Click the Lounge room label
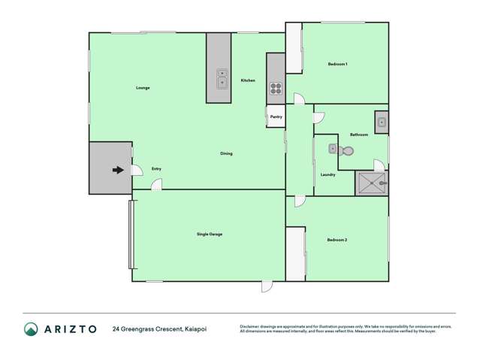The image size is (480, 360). pos(143,88)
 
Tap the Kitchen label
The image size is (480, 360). pos(248,80)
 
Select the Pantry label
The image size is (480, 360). pos(276,116)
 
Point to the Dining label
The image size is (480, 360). pos(226,153)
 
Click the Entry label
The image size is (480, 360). pos(156,168)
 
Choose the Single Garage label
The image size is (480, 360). pos(209,234)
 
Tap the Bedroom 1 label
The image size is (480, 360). pos(337,64)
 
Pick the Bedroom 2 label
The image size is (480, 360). pos(337,240)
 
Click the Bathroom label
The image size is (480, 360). pos(359,135)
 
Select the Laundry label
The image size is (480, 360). pos(328,174)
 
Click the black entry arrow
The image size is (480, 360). pos(117,170)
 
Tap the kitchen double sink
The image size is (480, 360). pos(223,78)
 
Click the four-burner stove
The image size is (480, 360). pos(276,90)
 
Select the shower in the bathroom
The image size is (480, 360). pos(373,183)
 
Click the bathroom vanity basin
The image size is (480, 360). pos(381,121)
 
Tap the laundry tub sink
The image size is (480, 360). pos(332,149)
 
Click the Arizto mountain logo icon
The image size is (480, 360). pos(32,328)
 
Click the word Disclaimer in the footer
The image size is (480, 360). pos(253,326)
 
